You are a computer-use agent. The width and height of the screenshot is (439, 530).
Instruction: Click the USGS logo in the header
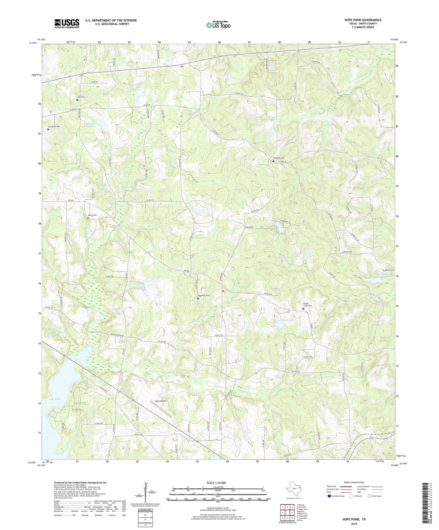[67, 23]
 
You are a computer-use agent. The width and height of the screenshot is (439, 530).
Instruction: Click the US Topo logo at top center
[218, 25]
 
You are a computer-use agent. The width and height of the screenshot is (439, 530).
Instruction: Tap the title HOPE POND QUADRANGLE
[363, 20]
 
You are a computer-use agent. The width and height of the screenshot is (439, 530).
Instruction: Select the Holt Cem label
[81, 97]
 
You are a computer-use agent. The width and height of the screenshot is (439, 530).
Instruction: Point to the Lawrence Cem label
[54, 126]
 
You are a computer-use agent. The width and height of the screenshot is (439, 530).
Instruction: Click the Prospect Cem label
[279, 158]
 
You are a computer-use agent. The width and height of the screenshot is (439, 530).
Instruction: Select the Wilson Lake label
[287, 320]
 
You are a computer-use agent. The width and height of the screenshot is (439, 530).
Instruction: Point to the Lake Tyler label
[55, 399]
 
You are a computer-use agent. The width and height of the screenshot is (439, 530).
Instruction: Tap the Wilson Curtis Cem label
[307, 304]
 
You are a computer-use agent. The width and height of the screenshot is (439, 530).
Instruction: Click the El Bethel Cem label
[388, 270]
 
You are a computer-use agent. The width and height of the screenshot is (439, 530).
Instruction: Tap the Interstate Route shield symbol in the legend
[329, 496]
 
